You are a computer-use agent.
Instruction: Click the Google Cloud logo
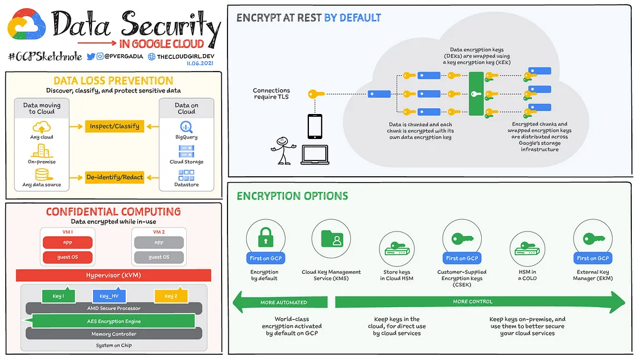tap(27, 24)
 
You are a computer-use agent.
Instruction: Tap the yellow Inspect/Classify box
tap(115, 127)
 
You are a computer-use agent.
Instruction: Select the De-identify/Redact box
tap(115, 177)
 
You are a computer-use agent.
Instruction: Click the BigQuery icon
tap(186, 127)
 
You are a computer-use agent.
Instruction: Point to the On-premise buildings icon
tap(42, 151)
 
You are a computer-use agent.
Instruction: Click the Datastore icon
tap(186, 175)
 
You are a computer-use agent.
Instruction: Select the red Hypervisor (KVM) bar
tap(113, 275)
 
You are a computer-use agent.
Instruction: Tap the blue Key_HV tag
tap(109, 295)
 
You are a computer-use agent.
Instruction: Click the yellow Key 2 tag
tap(171, 295)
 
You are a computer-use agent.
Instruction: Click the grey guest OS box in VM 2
tap(159, 257)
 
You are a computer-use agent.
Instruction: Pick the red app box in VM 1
tap(67, 243)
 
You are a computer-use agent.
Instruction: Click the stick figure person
tap(282, 151)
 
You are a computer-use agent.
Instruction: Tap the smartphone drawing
tap(315, 127)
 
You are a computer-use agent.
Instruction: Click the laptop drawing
tap(315, 155)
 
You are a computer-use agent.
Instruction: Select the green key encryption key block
tap(476, 94)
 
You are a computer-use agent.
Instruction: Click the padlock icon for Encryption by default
tap(266, 237)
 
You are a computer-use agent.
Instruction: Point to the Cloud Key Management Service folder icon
tap(332, 239)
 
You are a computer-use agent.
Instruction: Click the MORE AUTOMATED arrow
tap(280, 302)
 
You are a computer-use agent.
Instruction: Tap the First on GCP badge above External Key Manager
tap(593, 258)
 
